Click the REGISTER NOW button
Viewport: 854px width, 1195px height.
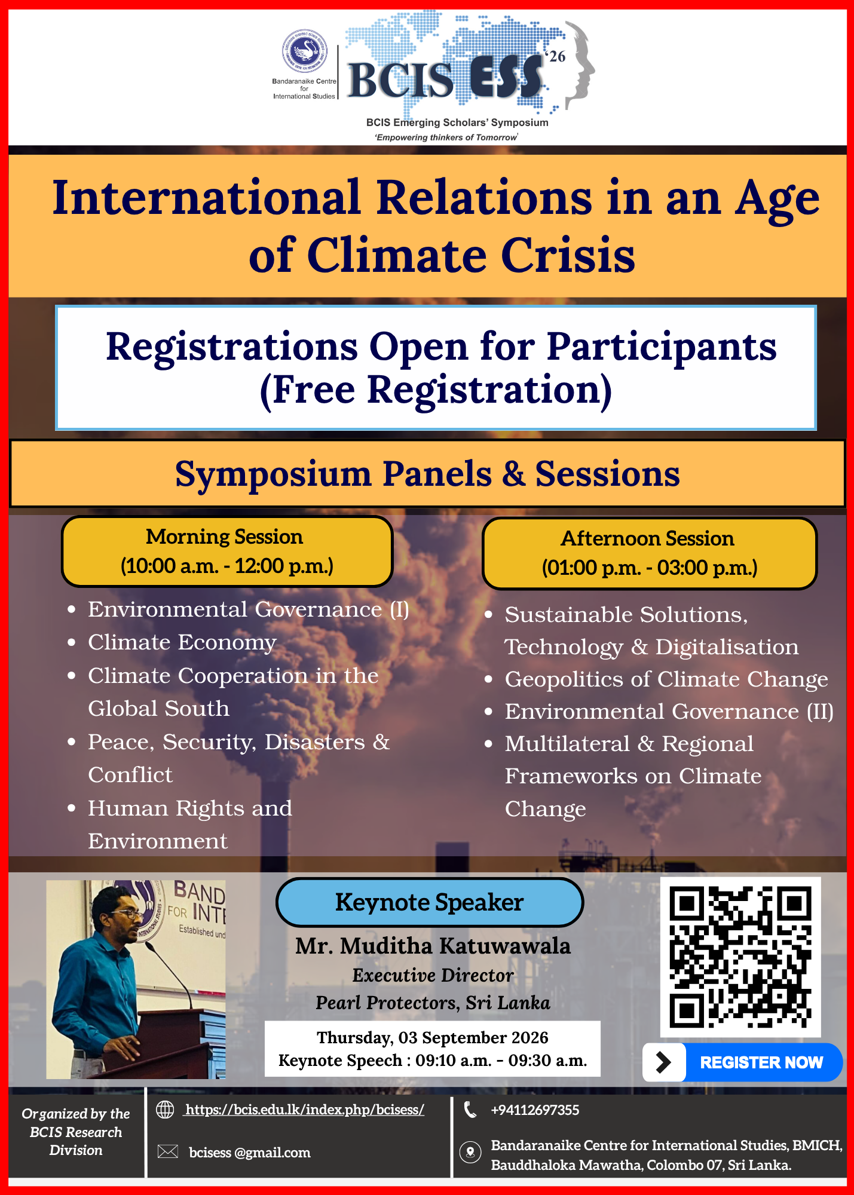[x=742, y=1062]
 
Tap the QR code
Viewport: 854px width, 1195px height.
[x=740, y=957]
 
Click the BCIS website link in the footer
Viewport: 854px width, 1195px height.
[x=305, y=1110]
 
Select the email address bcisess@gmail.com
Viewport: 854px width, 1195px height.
[x=250, y=1153]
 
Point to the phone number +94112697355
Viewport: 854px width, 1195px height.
[x=535, y=1110]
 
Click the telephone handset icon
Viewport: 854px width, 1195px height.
[x=470, y=1110]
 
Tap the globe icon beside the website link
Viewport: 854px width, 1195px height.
[x=165, y=1110]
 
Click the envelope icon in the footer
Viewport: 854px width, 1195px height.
[x=167, y=1151]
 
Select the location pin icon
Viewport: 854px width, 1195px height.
[x=470, y=1152]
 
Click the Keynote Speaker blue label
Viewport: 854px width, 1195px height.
[x=430, y=902]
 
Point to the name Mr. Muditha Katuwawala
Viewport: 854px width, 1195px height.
[x=433, y=946]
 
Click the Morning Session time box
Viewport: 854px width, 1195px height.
[x=227, y=551]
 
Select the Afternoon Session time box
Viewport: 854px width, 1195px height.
[x=650, y=553]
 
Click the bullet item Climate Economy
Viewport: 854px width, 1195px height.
[x=182, y=642]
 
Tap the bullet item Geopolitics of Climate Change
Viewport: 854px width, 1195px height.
[x=666, y=679]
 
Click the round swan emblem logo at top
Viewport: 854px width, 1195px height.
[x=305, y=51]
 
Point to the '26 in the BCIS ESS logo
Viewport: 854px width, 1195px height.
[x=555, y=56]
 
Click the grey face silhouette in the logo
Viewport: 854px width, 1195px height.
[x=580, y=63]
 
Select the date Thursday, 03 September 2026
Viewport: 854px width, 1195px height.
[x=433, y=1037]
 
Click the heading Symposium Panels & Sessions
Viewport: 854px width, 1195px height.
[x=427, y=474]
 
